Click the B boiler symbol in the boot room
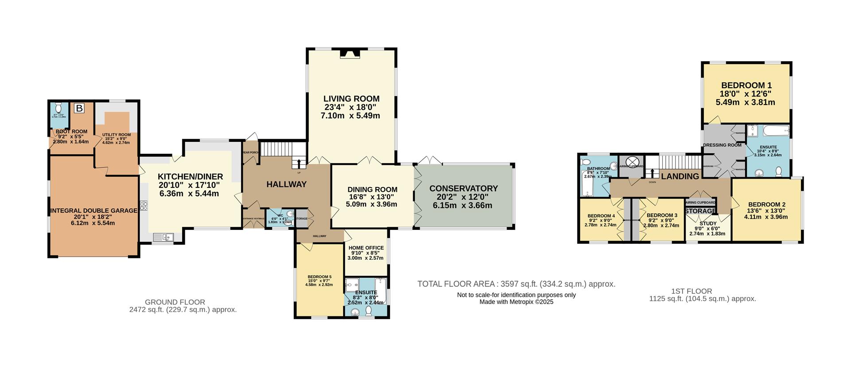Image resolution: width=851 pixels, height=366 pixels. point(79,108)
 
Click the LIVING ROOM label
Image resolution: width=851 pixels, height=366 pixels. point(351,99)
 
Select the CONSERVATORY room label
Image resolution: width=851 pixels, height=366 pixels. point(463,188)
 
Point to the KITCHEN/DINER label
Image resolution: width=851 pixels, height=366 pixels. point(190,176)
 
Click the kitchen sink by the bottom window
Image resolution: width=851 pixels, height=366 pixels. point(164,238)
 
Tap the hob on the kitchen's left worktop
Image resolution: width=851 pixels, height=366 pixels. point(144,205)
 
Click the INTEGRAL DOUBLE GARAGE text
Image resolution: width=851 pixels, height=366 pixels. point(94,210)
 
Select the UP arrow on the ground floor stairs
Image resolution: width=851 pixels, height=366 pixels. point(298,164)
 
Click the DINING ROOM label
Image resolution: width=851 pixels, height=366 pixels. point(372,189)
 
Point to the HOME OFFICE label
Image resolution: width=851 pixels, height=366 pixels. point(366,248)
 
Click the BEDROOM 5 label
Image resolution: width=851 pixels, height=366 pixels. point(320,277)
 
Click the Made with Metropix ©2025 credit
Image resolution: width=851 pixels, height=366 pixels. point(516,302)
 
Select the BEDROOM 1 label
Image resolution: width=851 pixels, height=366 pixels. point(746,86)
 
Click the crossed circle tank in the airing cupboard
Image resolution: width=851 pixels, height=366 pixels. point(631,161)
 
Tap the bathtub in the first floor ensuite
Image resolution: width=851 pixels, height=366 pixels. point(775,131)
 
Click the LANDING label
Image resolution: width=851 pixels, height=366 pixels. point(679,176)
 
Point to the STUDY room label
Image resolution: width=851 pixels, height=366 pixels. point(708,223)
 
